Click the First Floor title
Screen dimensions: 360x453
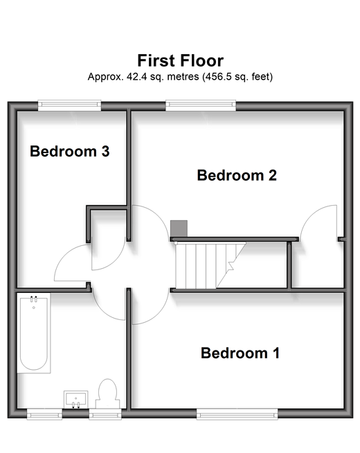[180, 61]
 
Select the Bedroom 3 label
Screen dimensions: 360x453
[69, 152]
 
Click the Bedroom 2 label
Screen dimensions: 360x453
[237, 175]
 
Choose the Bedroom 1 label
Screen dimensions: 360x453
[240, 353]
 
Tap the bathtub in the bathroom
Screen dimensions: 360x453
[34, 333]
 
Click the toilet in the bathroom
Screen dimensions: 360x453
[107, 393]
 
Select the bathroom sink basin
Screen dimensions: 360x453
[75, 400]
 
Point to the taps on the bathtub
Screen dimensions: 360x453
[34, 299]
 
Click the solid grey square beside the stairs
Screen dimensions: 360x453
[179, 229]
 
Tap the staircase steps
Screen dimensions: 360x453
[210, 265]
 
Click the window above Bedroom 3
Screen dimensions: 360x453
[69, 105]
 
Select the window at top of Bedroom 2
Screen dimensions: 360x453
[201, 105]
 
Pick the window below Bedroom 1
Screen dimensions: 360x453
[237, 414]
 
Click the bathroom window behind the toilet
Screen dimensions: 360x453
[105, 414]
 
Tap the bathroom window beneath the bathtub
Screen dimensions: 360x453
[44, 414]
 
